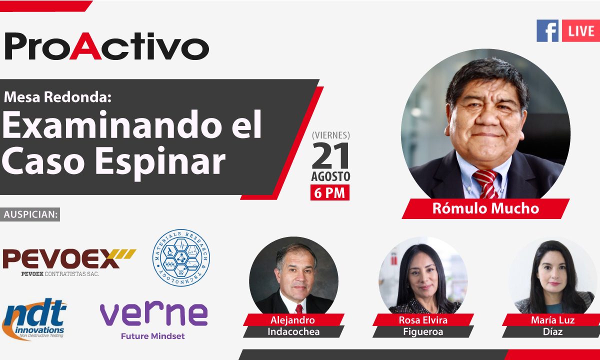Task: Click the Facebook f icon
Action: coord(547,31)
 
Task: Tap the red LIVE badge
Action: coord(580,31)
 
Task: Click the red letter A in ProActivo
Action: coord(85,46)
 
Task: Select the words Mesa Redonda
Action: coord(57,97)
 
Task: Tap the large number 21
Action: coord(331,155)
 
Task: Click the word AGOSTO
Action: coord(331,176)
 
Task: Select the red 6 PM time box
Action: coord(330,192)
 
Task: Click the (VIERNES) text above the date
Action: coord(331,135)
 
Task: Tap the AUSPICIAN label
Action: coord(30,214)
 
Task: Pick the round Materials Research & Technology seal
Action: coord(181,257)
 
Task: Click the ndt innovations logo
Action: coord(34,319)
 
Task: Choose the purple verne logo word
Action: coord(153,313)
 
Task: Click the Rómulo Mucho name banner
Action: coord(485,208)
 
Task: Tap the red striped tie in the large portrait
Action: coord(486,184)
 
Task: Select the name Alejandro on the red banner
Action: coord(293,320)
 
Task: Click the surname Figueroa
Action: coord(423,332)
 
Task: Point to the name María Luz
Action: coord(553,320)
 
